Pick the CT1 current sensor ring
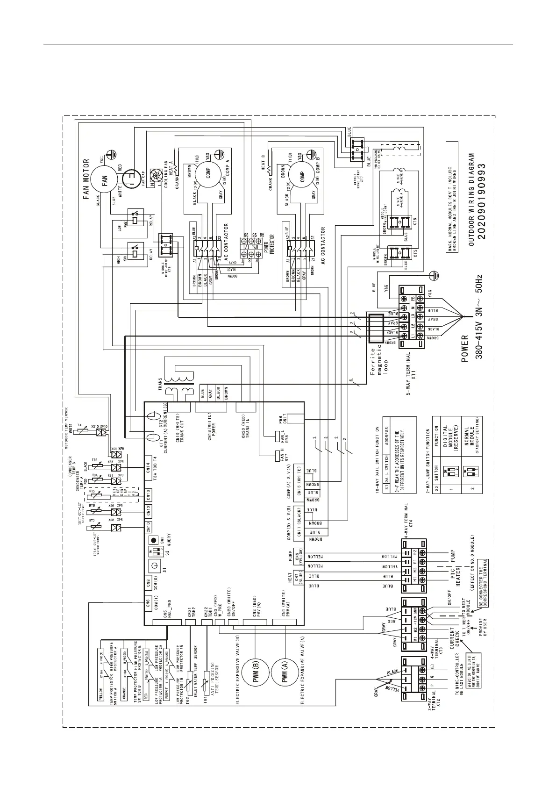(x=151, y=437)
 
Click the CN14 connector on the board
(x=148, y=468)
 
